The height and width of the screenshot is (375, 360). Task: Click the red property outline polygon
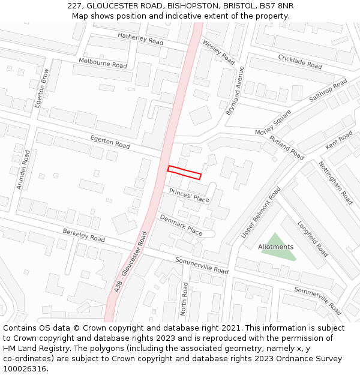(184, 172)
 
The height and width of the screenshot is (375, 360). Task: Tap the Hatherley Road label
(140, 38)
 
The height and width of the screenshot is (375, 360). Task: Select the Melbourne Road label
(103, 62)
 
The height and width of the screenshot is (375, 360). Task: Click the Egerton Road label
(110, 142)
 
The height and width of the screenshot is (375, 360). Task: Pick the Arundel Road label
(23, 170)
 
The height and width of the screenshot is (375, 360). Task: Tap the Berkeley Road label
(83, 235)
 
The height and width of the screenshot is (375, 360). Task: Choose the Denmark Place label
(181, 223)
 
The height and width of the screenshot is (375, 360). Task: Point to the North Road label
(185, 302)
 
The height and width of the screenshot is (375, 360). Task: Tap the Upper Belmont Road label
(260, 212)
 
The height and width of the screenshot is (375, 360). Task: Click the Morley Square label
(273, 122)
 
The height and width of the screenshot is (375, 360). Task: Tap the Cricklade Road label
(300, 61)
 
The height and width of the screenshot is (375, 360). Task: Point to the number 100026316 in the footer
(25, 368)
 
